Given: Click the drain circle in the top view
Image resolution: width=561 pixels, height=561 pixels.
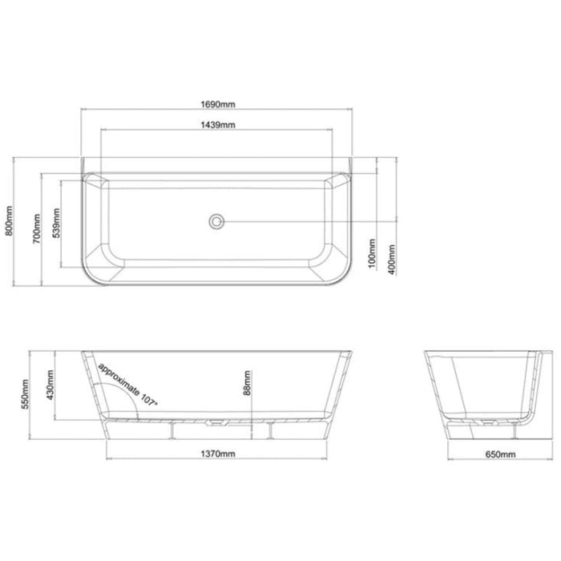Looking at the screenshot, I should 216,220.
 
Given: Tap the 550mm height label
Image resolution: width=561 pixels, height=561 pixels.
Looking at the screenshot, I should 28,392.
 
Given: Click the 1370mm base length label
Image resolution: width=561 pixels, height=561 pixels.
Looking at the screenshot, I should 216,454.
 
